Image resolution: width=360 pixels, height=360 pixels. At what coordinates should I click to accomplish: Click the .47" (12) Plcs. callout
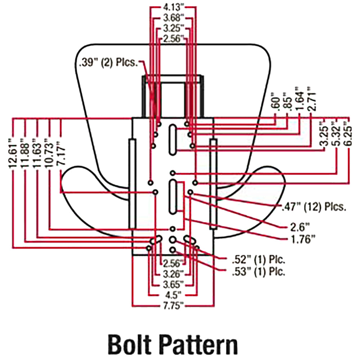(314, 207)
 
